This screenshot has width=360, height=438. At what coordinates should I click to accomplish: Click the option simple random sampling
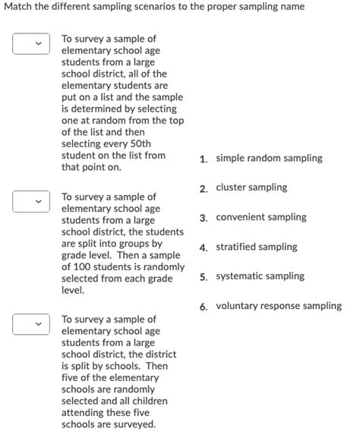coord(269,159)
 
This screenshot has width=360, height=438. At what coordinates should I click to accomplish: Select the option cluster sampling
coord(251,187)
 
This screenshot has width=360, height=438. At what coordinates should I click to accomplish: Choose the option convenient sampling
coord(261,217)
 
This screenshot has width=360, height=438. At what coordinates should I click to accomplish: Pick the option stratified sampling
coord(256,247)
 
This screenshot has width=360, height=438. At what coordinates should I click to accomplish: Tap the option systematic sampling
coord(260,276)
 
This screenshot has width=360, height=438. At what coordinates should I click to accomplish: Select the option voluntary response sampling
coord(278,306)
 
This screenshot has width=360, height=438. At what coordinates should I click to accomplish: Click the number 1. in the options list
coord(204,159)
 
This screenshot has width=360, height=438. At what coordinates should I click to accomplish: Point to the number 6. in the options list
coord(204,307)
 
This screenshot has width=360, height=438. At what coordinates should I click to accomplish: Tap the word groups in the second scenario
coord(133,244)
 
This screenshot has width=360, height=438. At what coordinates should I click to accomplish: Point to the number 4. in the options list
coord(204,247)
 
